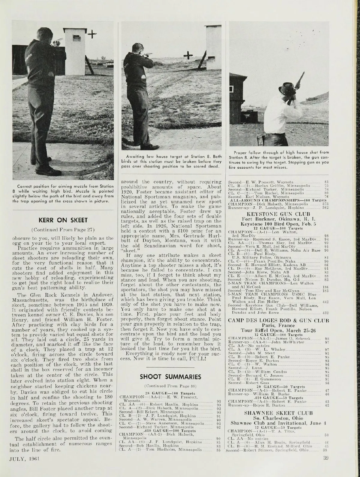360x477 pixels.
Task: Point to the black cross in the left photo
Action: [92, 35]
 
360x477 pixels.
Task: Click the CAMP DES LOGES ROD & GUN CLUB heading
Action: [279, 321]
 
